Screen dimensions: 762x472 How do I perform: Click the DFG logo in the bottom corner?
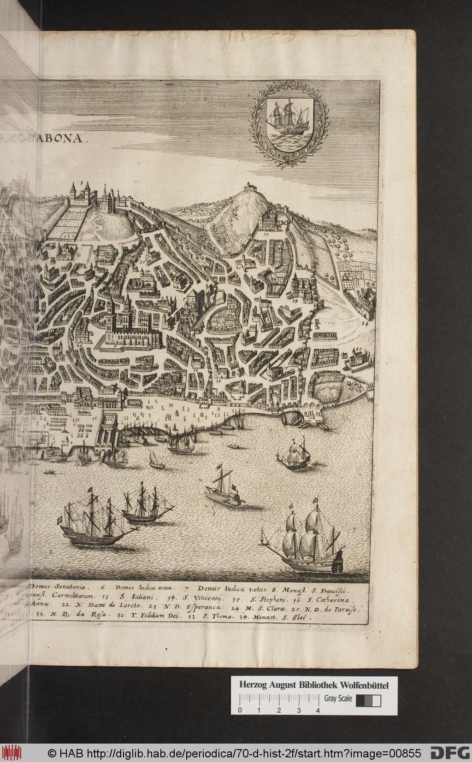click(449, 753)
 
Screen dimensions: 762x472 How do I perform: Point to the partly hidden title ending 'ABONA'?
click(65, 140)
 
